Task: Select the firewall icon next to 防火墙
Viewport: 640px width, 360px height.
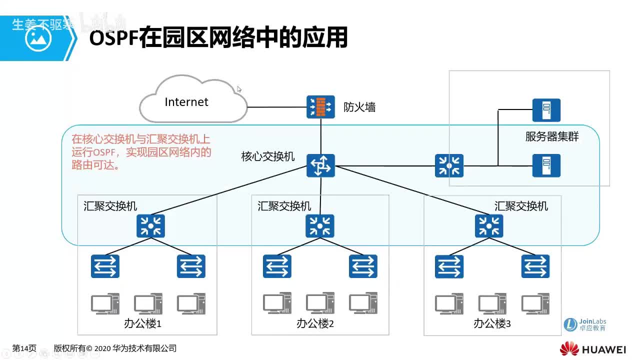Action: tap(320, 107)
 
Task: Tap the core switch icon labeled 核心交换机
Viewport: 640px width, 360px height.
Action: tap(320, 165)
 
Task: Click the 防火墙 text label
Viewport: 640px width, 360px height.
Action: tap(359, 107)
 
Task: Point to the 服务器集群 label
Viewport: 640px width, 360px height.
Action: tap(552, 136)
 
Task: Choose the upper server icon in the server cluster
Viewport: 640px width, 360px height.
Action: tap(546, 110)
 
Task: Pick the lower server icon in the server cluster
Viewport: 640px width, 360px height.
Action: tap(546, 165)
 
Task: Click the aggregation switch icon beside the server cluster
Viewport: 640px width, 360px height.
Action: tap(449, 165)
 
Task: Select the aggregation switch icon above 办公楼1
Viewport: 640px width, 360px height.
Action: tap(150, 226)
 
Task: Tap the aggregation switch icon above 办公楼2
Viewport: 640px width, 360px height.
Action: tap(320, 226)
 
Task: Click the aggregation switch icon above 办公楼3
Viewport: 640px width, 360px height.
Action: tap(489, 226)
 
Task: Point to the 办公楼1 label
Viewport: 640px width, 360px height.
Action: tap(142, 323)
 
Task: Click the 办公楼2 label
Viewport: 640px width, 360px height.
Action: tap(315, 323)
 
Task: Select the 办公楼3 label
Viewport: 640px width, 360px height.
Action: tap(492, 323)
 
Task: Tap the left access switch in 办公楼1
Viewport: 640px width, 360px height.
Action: tap(105, 266)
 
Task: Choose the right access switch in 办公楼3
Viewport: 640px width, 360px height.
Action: tap(535, 266)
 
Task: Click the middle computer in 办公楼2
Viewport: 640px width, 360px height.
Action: tap(320, 303)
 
